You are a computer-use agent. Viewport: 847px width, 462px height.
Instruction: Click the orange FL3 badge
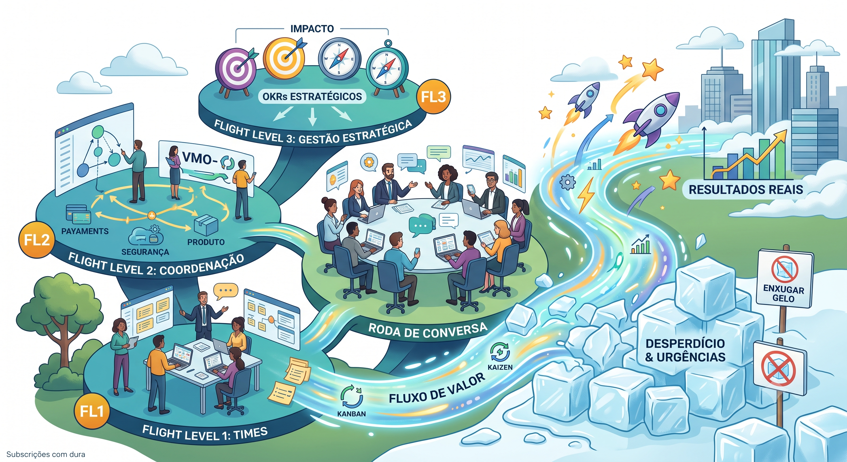433,96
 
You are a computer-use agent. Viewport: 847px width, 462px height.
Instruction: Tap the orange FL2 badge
36,240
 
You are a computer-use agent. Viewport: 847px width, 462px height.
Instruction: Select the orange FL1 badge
92,411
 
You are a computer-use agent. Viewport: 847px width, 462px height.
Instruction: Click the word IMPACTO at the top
312,29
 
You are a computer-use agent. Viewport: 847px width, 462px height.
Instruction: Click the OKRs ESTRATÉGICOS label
312,96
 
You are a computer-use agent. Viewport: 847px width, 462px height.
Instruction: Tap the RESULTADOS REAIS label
746,189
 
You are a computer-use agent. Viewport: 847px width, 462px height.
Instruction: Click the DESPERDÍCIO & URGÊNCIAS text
685,350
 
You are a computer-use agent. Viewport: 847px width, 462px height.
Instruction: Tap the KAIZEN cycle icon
500,352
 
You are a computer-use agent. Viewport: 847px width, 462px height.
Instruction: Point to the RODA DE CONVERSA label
427,330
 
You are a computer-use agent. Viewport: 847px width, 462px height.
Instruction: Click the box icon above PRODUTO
206,225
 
